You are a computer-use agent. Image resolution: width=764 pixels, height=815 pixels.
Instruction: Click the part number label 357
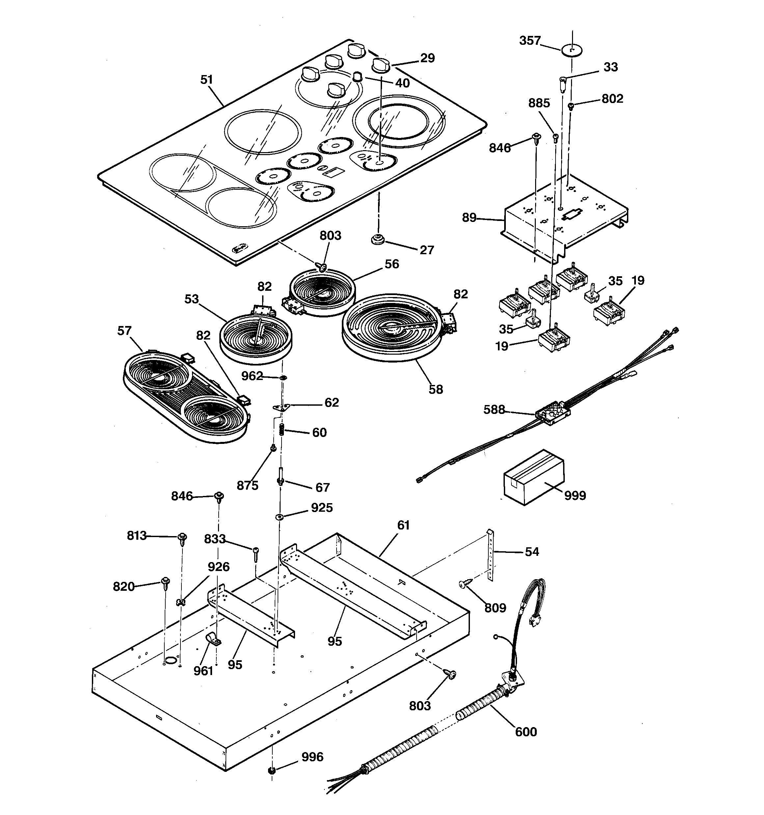click(x=530, y=41)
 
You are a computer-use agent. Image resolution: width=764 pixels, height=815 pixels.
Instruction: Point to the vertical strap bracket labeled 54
click(x=490, y=554)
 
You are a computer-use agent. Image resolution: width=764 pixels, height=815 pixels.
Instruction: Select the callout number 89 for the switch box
click(x=469, y=217)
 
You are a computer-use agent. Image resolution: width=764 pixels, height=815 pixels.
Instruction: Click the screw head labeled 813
click(x=182, y=537)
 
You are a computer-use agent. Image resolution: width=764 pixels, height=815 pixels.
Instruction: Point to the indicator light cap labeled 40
click(x=358, y=77)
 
